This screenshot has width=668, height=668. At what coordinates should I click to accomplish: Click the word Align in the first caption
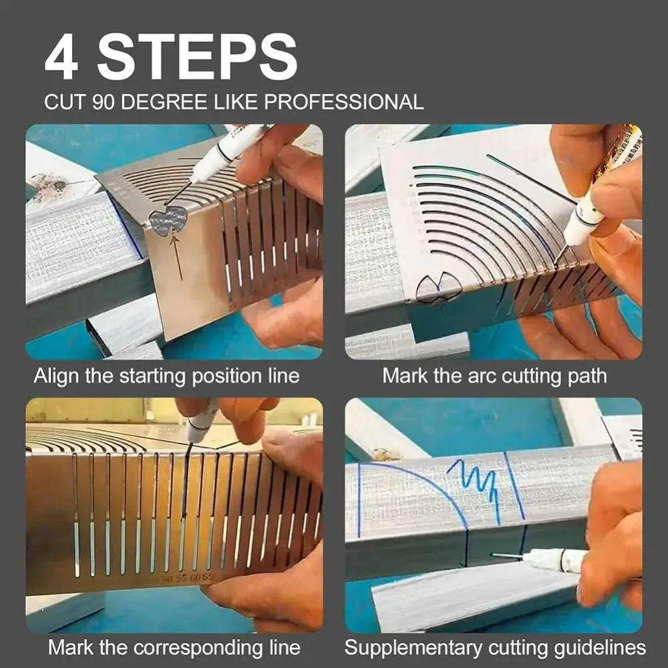tap(57, 375)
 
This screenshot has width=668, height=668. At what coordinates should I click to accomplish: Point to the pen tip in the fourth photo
tap(496, 554)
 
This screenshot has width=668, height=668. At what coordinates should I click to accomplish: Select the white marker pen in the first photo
tap(227, 150)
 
